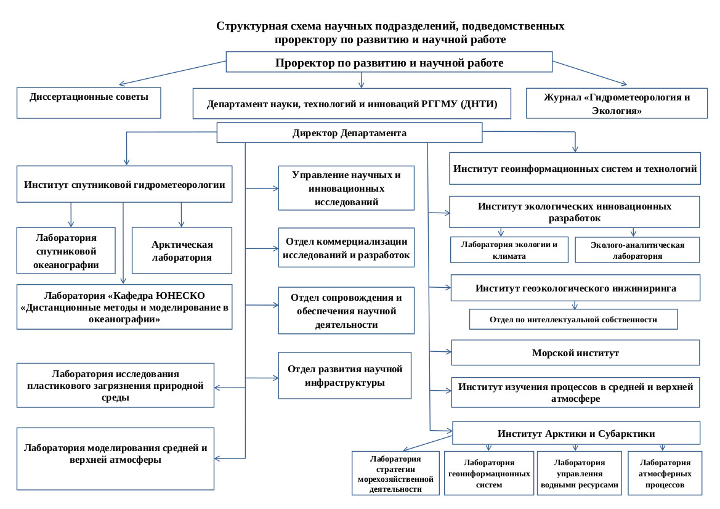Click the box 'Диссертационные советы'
(x=89, y=103)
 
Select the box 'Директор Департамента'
(x=349, y=132)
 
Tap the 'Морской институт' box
(x=575, y=353)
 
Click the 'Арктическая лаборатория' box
(x=182, y=250)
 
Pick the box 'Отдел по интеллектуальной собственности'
(x=573, y=319)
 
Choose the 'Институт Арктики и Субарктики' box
(x=576, y=433)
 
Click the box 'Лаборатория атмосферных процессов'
(x=665, y=473)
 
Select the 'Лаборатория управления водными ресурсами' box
(x=580, y=473)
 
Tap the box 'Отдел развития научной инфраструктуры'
(x=345, y=375)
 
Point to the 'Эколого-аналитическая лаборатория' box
(x=637, y=250)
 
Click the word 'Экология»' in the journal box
(x=617, y=111)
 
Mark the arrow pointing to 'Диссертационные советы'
(x=172, y=73)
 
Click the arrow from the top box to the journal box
(x=589, y=73)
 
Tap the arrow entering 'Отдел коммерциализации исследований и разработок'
(x=262, y=248)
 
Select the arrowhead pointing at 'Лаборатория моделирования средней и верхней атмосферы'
(x=217, y=458)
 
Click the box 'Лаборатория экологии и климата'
(x=509, y=250)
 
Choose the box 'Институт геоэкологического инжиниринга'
(x=576, y=288)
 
